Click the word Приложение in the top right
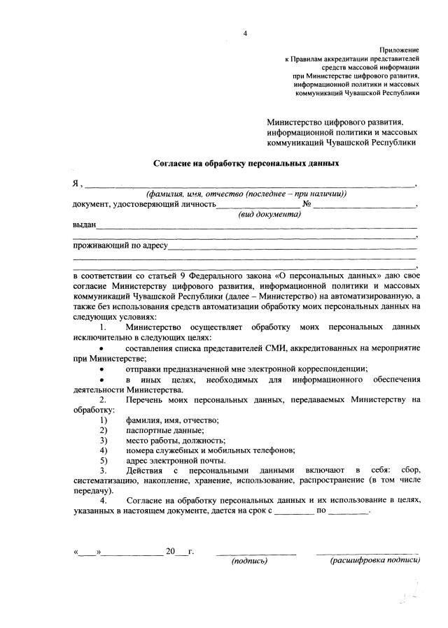[x=399, y=50]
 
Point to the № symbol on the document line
[x=306, y=204]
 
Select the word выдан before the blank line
[x=85, y=225]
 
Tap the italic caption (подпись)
[x=249, y=561]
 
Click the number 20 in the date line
[x=170, y=552]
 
